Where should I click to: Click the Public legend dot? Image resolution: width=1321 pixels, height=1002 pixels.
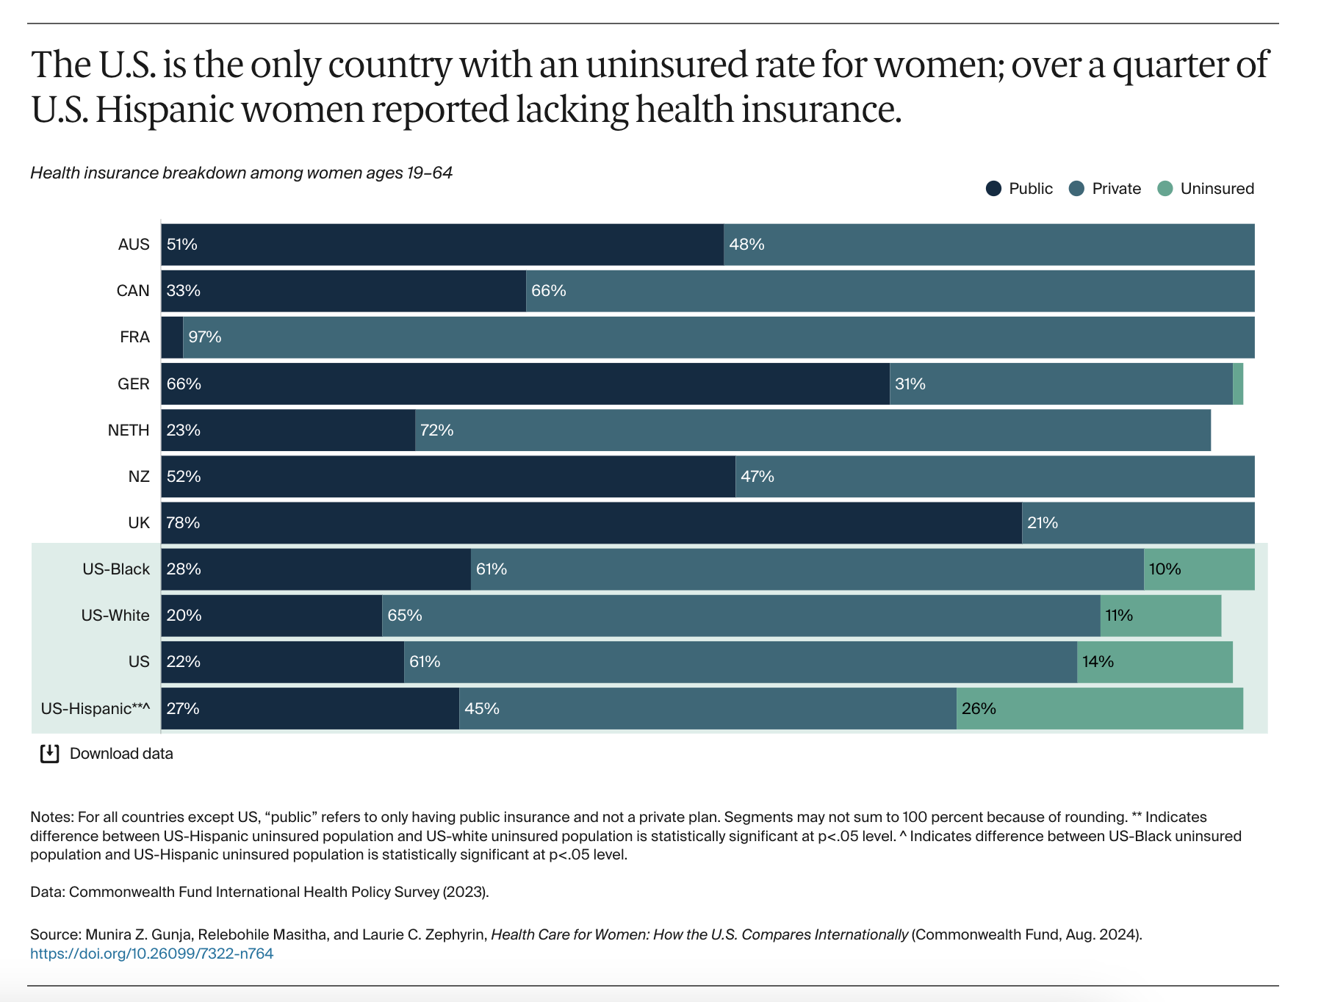(x=993, y=189)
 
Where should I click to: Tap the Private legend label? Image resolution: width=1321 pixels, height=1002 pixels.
(x=1116, y=189)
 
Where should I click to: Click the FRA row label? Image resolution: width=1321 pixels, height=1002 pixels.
(x=134, y=337)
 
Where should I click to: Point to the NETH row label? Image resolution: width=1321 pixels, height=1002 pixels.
(x=129, y=430)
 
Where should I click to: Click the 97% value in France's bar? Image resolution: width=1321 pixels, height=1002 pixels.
(x=204, y=337)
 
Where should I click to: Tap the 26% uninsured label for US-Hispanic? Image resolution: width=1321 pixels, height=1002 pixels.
(x=979, y=709)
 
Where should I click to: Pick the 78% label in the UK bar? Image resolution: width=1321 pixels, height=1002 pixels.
(x=183, y=523)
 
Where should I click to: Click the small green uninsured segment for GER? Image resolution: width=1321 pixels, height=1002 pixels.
(x=1238, y=383)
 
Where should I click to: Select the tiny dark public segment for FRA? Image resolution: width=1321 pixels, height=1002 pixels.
(x=172, y=337)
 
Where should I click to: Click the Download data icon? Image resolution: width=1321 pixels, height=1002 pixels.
(x=49, y=754)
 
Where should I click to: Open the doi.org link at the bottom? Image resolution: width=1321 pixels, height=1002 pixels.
(x=151, y=954)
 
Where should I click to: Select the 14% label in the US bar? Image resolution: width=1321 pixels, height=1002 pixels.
(x=1098, y=662)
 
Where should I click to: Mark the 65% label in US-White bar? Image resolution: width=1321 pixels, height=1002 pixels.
(x=405, y=616)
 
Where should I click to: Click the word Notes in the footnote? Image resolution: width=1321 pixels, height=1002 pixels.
(x=51, y=817)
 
